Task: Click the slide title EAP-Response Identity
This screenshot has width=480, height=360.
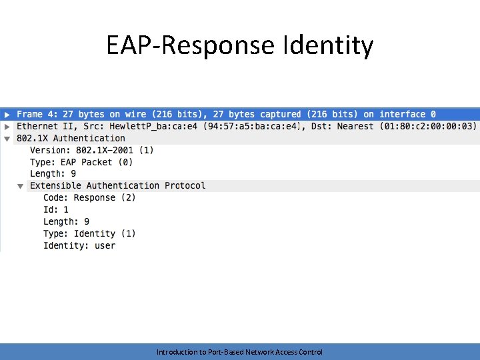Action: coord(239,45)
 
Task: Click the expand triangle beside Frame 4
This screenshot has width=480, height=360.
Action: coord(7,114)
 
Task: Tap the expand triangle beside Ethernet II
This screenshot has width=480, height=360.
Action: coord(7,126)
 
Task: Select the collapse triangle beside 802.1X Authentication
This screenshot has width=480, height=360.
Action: coord(7,139)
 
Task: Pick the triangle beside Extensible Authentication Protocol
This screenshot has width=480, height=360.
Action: coord(21,186)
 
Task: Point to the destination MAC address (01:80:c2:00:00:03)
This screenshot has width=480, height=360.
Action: coord(427,126)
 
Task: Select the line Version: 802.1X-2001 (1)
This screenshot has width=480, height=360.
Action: coord(91,150)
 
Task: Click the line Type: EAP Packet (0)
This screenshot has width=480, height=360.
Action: coord(81,162)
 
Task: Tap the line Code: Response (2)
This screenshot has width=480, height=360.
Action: coord(89,197)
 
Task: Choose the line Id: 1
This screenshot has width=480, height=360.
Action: coord(56,209)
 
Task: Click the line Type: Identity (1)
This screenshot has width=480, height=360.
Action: coord(89,233)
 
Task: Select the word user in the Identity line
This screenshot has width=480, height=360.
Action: coord(105,245)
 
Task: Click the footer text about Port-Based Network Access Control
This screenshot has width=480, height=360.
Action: coord(239,351)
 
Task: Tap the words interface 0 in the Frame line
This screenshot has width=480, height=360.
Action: coord(407,114)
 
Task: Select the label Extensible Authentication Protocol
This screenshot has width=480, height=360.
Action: coord(117,185)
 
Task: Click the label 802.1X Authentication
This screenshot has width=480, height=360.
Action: coord(71,138)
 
